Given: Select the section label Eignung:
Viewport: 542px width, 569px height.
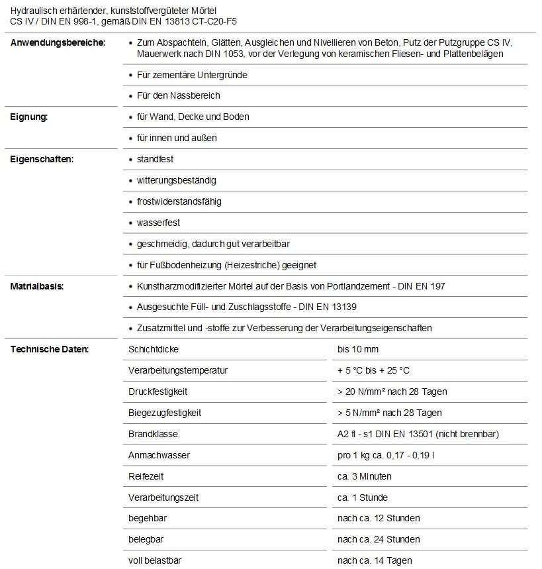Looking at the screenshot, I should [x=29, y=117].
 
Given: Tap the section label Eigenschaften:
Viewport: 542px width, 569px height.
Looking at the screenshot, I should [x=41, y=160].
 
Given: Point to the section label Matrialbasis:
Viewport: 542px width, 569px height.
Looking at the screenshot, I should [x=36, y=287].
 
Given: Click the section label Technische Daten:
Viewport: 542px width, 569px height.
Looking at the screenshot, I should [x=49, y=350].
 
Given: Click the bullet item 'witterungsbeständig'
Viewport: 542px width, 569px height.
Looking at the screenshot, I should [x=176, y=181].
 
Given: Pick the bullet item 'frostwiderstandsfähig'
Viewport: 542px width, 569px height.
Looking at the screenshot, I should [x=179, y=202].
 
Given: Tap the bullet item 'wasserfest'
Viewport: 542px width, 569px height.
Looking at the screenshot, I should [x=158, y=223].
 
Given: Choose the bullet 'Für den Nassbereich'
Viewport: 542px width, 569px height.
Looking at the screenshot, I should [x=178, y=96].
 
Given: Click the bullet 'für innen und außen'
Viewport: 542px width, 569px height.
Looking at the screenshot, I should [x=177, y=138].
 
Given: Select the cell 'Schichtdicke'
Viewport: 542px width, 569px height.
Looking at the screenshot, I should [x=154, y=350].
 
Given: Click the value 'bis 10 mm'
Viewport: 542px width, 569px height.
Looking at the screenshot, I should [x=358, y=350].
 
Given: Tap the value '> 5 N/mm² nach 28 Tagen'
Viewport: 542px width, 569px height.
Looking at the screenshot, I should [x=389, y=413].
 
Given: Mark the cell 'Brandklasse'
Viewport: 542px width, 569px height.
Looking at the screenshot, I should [x=153, y=435].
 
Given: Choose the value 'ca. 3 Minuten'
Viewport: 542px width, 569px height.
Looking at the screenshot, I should [x=364, y=477].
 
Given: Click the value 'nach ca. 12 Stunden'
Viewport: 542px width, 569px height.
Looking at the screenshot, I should [x=379, y=519].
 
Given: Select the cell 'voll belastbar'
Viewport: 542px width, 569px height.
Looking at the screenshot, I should [x=155, y=561].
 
